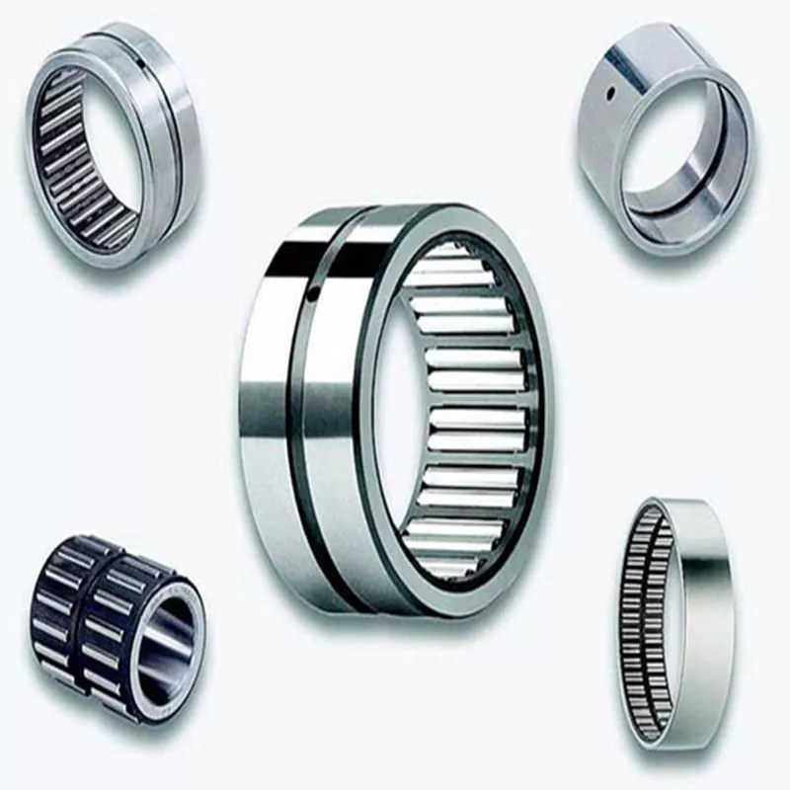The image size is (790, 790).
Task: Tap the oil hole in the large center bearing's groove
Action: pos(313,293)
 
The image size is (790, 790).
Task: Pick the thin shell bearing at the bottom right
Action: pos(676,622)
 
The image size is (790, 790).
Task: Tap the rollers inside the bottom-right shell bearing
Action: pos(647,622)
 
